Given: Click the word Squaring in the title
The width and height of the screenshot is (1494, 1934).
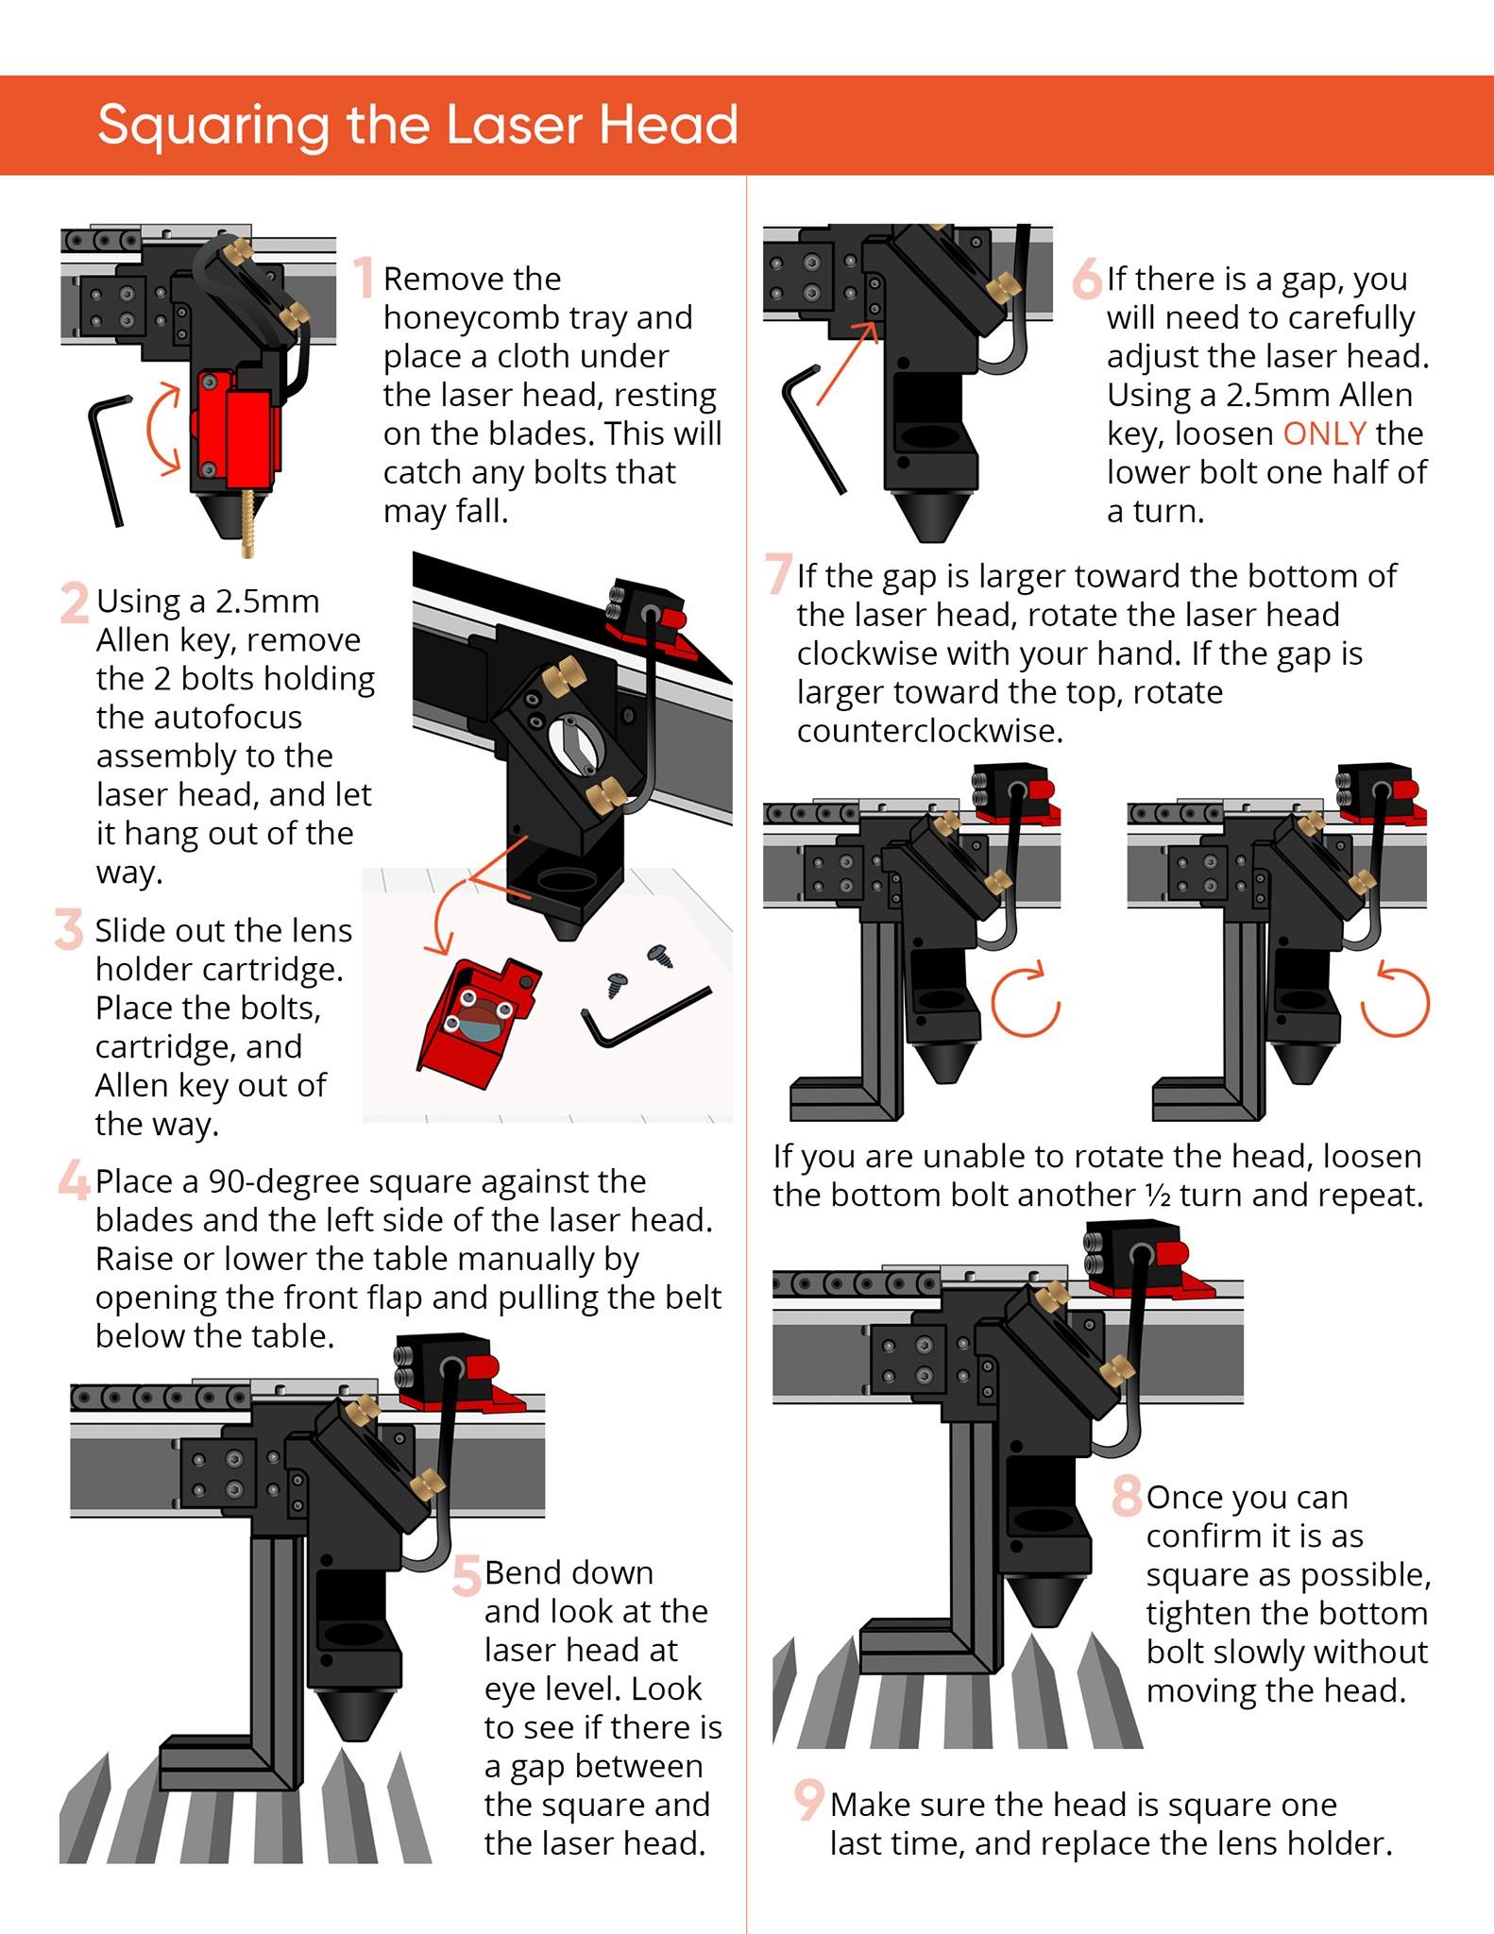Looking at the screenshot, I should coord(213,126).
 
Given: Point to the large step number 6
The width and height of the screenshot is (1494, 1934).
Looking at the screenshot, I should coord(1087,279).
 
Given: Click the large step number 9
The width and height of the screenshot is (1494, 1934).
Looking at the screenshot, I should coord(808,1800).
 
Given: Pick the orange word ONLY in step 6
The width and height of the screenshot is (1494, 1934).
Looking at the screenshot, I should coord(1324,433).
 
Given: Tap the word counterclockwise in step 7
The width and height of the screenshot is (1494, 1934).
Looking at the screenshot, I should coord(929,731).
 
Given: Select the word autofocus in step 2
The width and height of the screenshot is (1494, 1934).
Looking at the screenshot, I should coord(199,718).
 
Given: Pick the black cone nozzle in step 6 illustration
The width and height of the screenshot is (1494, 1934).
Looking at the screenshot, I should coord(930,515).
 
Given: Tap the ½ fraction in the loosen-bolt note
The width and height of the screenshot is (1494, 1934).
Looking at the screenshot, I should coord(1158,1196).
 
